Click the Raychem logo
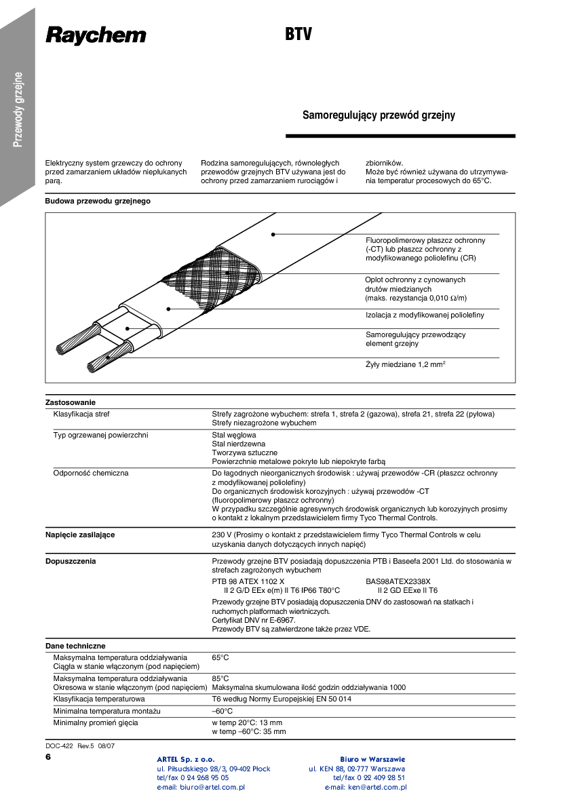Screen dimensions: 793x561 [x=96, y=35]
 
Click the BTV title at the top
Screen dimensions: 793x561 [x=298, y=35]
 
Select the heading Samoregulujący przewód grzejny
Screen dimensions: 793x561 [x=379, y=115]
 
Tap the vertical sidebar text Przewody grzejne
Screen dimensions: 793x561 [x=19, y=109]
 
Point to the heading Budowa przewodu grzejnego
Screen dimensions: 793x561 [x=98, y=201]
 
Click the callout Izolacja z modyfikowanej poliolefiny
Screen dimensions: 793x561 [x=425, y=315]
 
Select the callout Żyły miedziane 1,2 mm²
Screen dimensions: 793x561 [x=405, y=365]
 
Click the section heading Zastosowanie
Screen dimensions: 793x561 [x=71, y=402]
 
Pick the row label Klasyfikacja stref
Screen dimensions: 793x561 [x=81, y=414]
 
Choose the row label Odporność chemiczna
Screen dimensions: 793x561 [x=91, y=473]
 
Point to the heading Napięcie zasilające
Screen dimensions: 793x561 [x=80, y=535]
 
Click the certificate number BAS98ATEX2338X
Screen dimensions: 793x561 [x=398, y=581]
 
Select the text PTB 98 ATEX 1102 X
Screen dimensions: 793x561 [x=248, y=581]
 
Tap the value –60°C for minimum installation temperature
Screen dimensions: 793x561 [x=223, y=711]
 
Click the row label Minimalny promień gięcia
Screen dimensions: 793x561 [x=96, y=722]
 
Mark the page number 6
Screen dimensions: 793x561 [x=48, y=756]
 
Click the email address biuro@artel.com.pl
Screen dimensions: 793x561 [x=201, y=787]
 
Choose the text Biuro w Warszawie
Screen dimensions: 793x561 [x=372, y=759]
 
